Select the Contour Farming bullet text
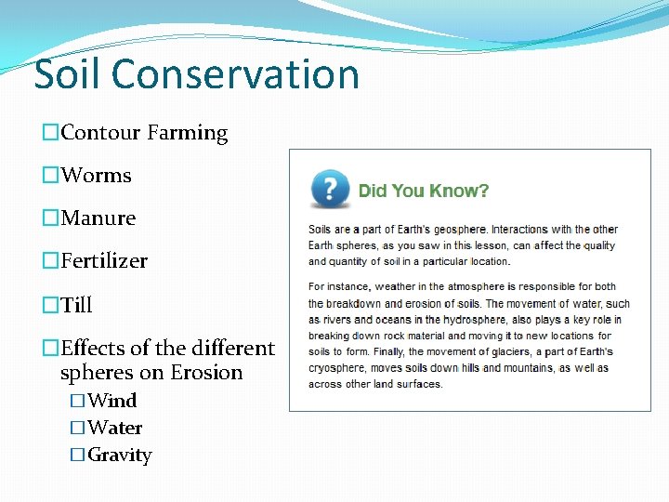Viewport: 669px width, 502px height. (x=144, y=133)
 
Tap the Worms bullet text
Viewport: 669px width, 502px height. (x=96, y=176)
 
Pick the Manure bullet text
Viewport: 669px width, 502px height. (x=98, y=218)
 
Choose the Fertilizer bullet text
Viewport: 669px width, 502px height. (x=104, y=261)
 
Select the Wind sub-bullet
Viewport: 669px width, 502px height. (x=111, y=401)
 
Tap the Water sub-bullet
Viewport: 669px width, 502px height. (x=114, y=429)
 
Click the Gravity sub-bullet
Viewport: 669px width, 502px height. (x=119, y=456)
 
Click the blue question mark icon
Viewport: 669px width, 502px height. (x=330, y=190)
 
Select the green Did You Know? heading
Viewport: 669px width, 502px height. (x=424, y=192)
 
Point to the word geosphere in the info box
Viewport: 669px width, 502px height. (x=455, y=230)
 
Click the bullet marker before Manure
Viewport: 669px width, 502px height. (x=51, y=218)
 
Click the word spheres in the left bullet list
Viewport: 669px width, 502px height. (x=92, y=373)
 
